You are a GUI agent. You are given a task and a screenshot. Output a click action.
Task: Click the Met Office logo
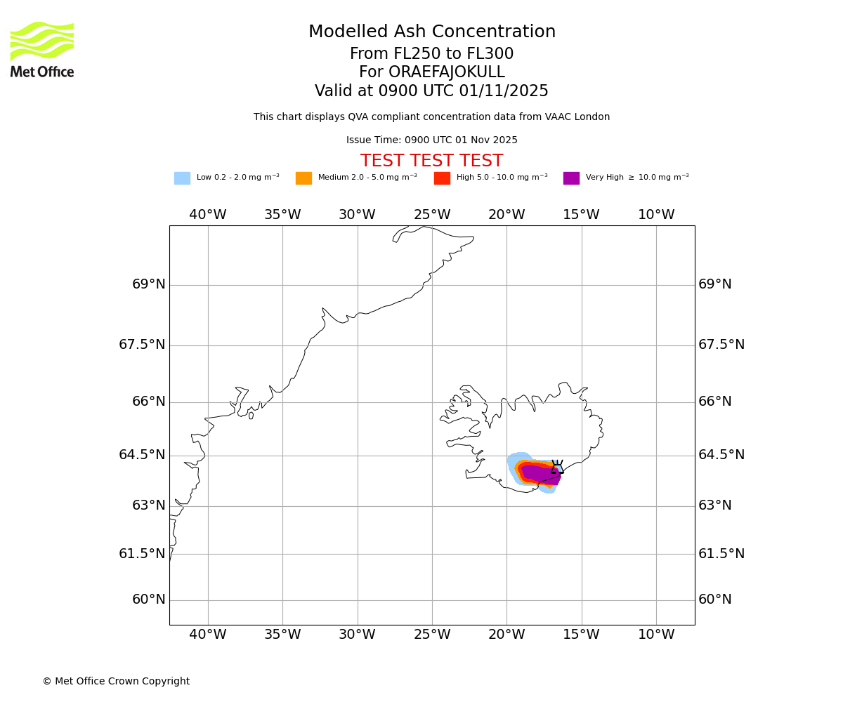42,49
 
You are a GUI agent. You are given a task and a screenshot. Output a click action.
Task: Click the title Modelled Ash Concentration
431,32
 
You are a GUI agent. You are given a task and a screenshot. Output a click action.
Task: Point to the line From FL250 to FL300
431,54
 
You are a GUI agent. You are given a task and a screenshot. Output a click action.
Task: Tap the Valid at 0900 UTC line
431,91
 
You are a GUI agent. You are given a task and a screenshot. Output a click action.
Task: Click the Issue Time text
431,140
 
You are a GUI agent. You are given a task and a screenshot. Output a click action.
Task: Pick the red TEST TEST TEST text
431,161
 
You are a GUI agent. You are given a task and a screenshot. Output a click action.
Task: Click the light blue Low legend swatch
182,178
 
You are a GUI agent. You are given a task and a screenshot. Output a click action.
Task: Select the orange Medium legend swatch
303,178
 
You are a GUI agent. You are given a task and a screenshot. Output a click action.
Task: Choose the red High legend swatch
442,178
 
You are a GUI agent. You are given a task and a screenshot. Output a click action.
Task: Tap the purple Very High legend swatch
571,178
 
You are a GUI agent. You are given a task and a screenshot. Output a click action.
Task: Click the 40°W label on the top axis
208,215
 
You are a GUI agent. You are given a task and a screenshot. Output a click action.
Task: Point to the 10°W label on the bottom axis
656,635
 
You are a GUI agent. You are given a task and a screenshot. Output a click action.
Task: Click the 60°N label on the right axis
714,600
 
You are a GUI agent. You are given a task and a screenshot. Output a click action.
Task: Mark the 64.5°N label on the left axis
142,455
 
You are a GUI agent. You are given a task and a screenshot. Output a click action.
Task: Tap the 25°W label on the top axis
432,215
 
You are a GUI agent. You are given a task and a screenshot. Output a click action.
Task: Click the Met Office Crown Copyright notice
116,682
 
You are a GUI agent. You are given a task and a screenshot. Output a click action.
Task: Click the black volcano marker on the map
557,468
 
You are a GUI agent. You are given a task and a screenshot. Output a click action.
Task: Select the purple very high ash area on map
537,475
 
